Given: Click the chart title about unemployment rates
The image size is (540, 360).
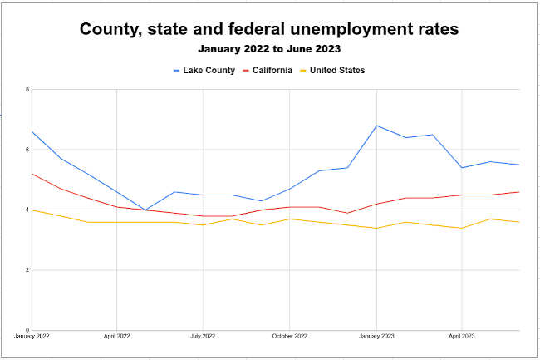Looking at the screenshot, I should [269, 29].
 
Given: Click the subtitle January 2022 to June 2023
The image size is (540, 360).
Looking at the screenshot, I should [269, 49].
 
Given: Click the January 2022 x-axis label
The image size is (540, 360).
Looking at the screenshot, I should [32, 337].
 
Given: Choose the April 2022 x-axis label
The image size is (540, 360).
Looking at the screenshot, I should [117, 337].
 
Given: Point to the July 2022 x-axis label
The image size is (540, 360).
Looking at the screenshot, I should [203, 337].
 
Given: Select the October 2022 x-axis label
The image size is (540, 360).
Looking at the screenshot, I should [290, 337].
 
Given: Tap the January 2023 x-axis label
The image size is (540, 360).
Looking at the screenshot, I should [376, 337].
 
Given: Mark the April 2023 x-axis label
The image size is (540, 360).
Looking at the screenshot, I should [462, 337].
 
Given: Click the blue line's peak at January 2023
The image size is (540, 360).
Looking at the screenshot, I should [376, 126].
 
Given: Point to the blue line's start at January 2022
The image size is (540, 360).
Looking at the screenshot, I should [32, 131].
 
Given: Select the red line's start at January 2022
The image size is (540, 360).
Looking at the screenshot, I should [32, 174].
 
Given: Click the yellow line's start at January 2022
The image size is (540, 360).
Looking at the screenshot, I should [32, 210].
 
